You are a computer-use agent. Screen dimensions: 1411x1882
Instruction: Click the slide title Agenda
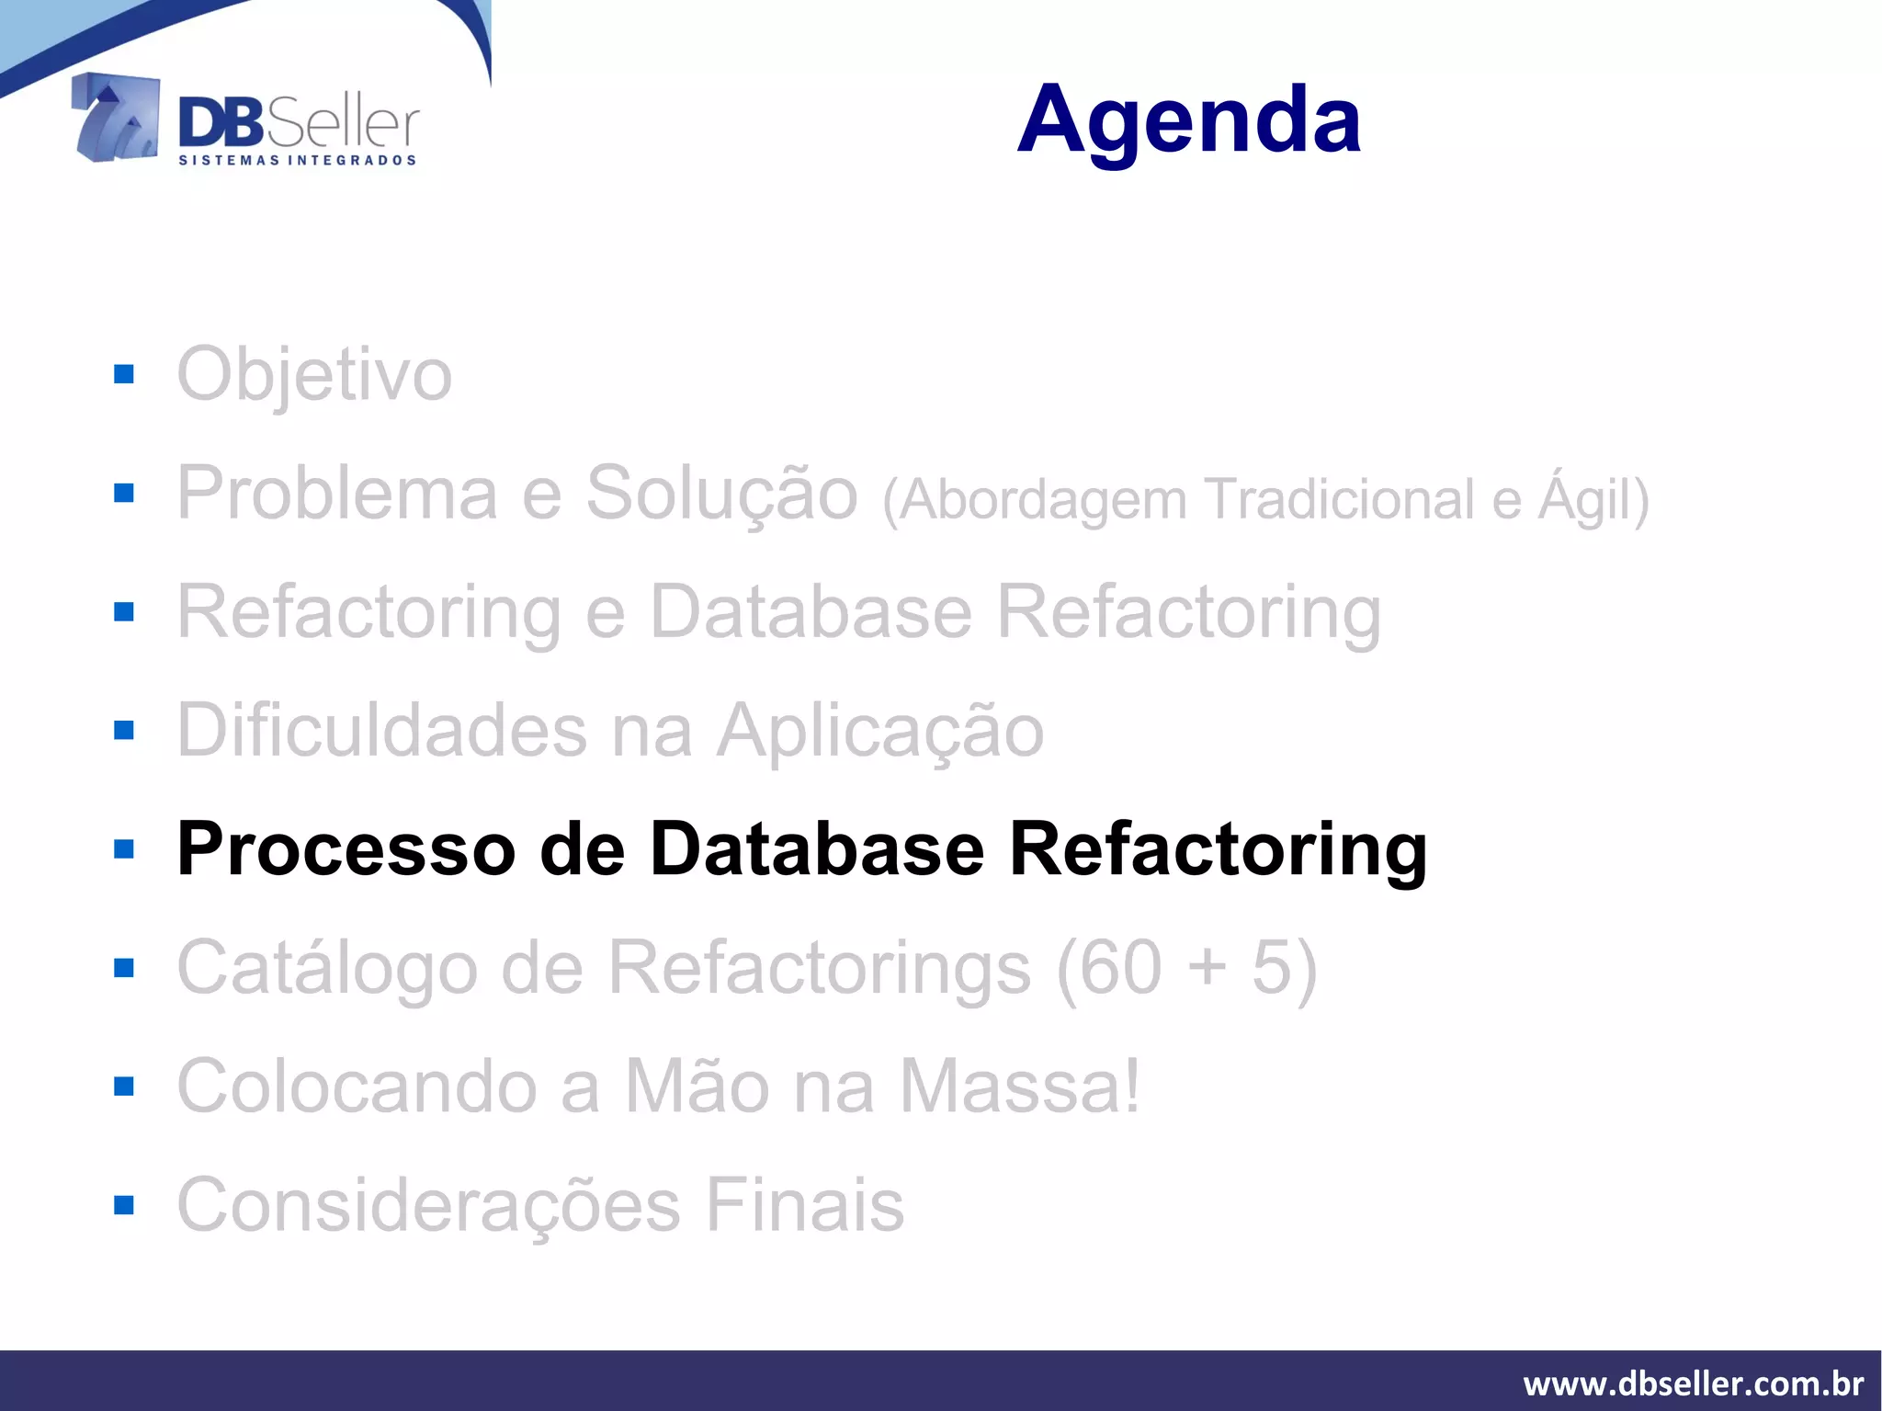click(x=1189, y=119)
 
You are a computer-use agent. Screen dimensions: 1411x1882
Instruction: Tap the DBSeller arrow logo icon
click(x=116, y=118)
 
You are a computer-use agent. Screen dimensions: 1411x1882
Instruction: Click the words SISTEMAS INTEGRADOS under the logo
click(x=297, y=160)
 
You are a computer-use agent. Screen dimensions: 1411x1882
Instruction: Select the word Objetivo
click(x=314, y=375)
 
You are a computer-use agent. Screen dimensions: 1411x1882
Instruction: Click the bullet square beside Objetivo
click(x=124, y=374)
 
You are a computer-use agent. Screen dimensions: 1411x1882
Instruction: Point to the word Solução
click(x=721, y=495)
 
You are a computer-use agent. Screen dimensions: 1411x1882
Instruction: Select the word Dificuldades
click(x=381, y=731)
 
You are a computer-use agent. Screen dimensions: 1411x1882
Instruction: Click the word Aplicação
click(x=880, y=731)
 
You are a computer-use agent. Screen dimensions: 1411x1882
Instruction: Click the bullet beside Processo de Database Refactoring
click(x=124, y=848)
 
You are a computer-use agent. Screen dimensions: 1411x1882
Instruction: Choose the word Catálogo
click(x=327, y=968)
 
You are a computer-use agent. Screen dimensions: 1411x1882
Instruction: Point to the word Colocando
click(x=357, y=1087)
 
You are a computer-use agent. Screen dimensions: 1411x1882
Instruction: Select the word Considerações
click(x=428, y=1205)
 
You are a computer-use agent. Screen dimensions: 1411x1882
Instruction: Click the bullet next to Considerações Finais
click(x=124, y=1204)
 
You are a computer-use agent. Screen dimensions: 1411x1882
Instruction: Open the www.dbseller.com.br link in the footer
click(x=1693, y=1383)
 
